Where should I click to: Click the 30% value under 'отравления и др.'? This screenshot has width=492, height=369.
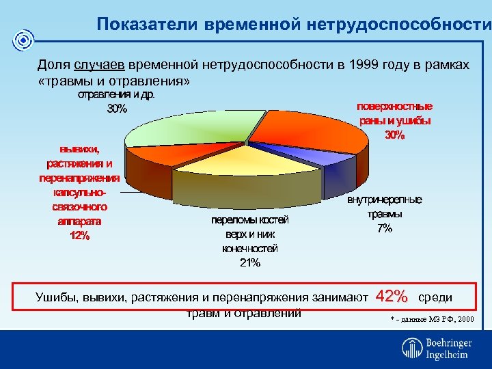(117, 108)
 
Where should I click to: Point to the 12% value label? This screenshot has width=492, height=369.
(80, 236)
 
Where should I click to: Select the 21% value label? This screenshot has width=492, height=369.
(250, 263)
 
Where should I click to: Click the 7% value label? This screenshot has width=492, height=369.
(385, 228)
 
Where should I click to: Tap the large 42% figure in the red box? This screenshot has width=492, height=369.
(391, 297)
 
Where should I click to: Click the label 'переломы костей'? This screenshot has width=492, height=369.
(250, 219)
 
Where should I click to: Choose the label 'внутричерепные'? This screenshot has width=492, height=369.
(385, 200)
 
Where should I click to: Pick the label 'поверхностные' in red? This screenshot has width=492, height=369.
(395, 107)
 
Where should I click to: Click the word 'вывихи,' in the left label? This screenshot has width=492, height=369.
(79, 149)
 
